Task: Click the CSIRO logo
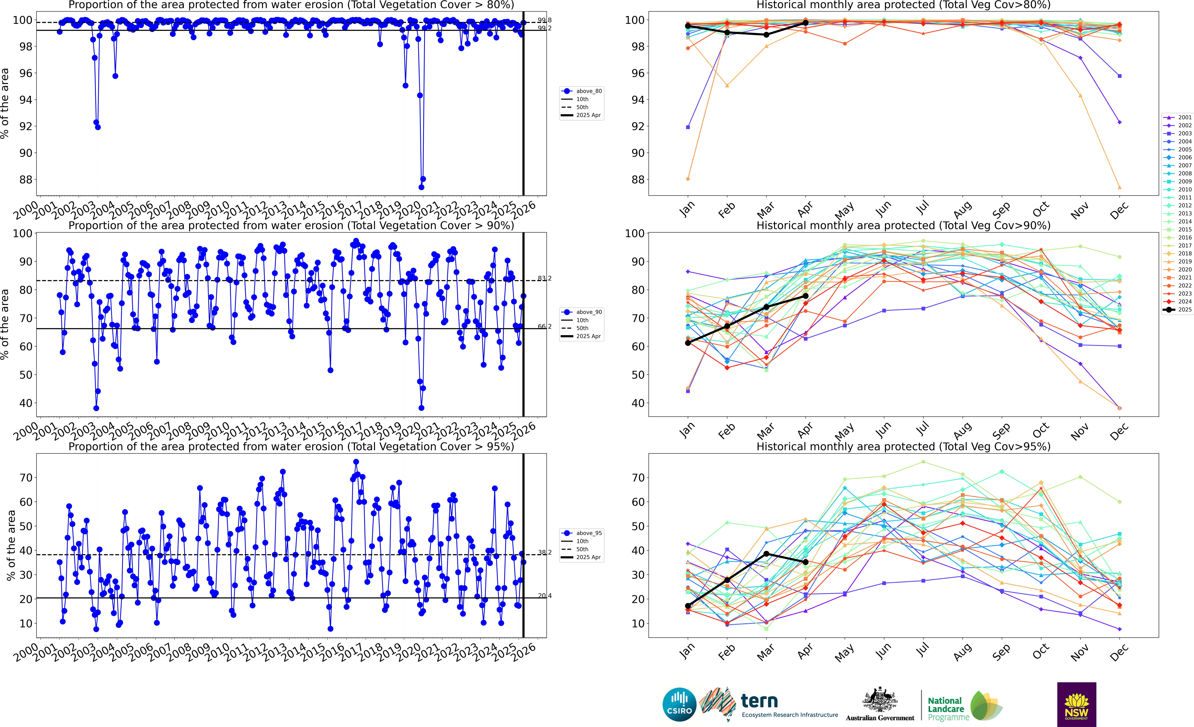(679, 704)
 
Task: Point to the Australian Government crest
(879, 700)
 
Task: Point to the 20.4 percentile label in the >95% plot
(544, 596)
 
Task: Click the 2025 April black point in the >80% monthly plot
(805, 23)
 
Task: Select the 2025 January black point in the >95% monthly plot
(688, 606)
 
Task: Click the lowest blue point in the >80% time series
(421, 187)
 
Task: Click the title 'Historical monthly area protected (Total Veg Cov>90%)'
(903, 225)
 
